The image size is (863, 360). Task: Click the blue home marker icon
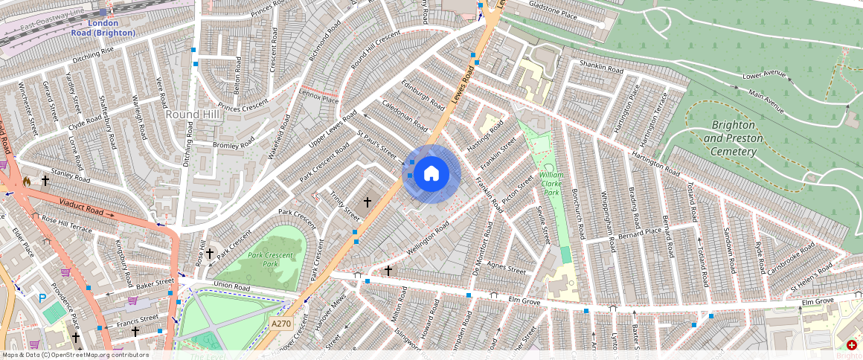click(431, 174)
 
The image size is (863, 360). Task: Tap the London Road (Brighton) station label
click(103, 28)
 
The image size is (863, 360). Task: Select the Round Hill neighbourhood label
click(193, 115)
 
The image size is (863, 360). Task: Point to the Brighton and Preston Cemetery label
click(730, 138)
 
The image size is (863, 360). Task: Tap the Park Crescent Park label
click(273, 260)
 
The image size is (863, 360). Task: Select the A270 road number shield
click(280, 324)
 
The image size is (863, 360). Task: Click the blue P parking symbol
click(42, 298)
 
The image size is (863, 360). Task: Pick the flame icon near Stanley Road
click(26, 181)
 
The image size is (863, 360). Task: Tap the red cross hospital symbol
click(851, 345)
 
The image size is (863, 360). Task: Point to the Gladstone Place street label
click(553, 14)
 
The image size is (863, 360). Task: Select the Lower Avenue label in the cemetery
click(764, 75)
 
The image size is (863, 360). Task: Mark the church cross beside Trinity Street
click(367, 202)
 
